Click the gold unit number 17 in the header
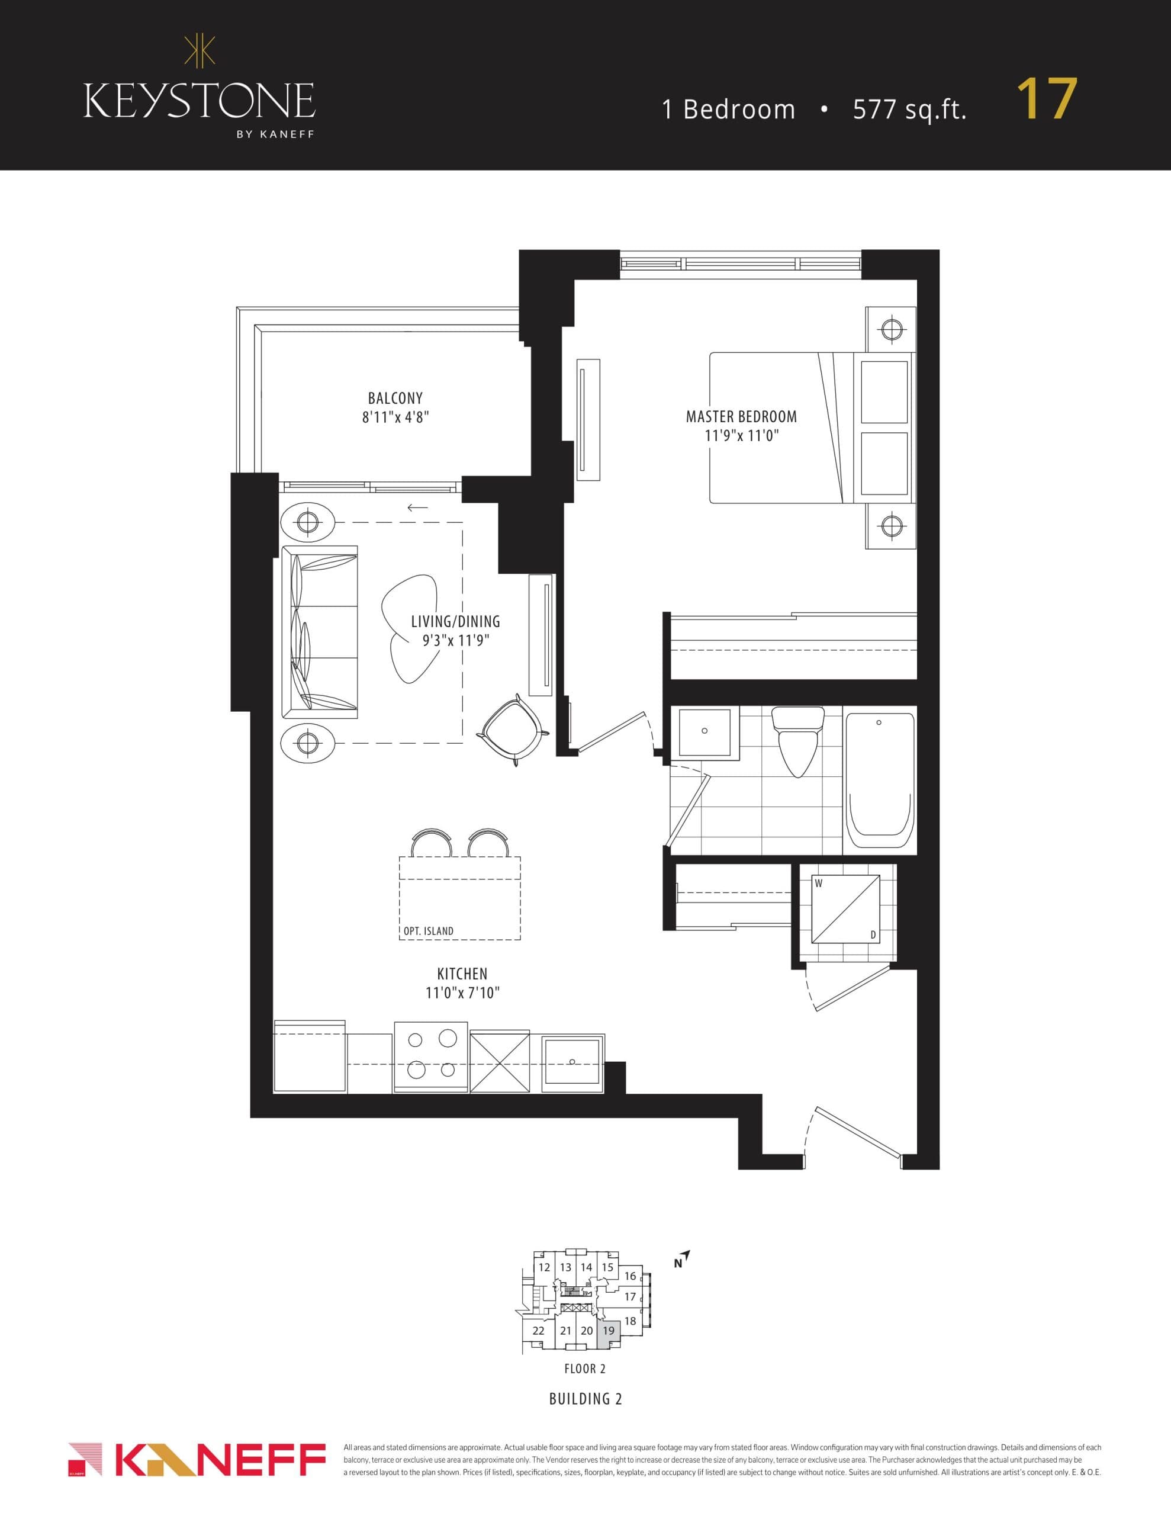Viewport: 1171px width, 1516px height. coord(1046,100)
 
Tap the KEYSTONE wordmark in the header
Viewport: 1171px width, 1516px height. coord(200,101)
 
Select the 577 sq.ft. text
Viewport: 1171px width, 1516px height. coord(909,110)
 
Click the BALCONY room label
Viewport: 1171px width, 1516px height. coord(395,399)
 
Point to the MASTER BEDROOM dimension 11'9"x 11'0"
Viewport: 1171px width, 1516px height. coord(741,436)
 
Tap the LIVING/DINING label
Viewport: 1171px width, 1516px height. coord(455,622)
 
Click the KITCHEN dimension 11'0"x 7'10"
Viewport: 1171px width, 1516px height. coord(462,993)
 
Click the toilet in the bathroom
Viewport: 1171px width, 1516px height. coord(797,741)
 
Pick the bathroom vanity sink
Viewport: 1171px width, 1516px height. coord(704,731)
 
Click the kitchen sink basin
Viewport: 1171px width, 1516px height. coord(572,1061)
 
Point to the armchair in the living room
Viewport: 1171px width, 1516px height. coord(512,730)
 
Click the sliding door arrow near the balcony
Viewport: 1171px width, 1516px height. coord(417,508)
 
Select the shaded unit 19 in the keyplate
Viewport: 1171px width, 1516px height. coord(608,1331)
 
